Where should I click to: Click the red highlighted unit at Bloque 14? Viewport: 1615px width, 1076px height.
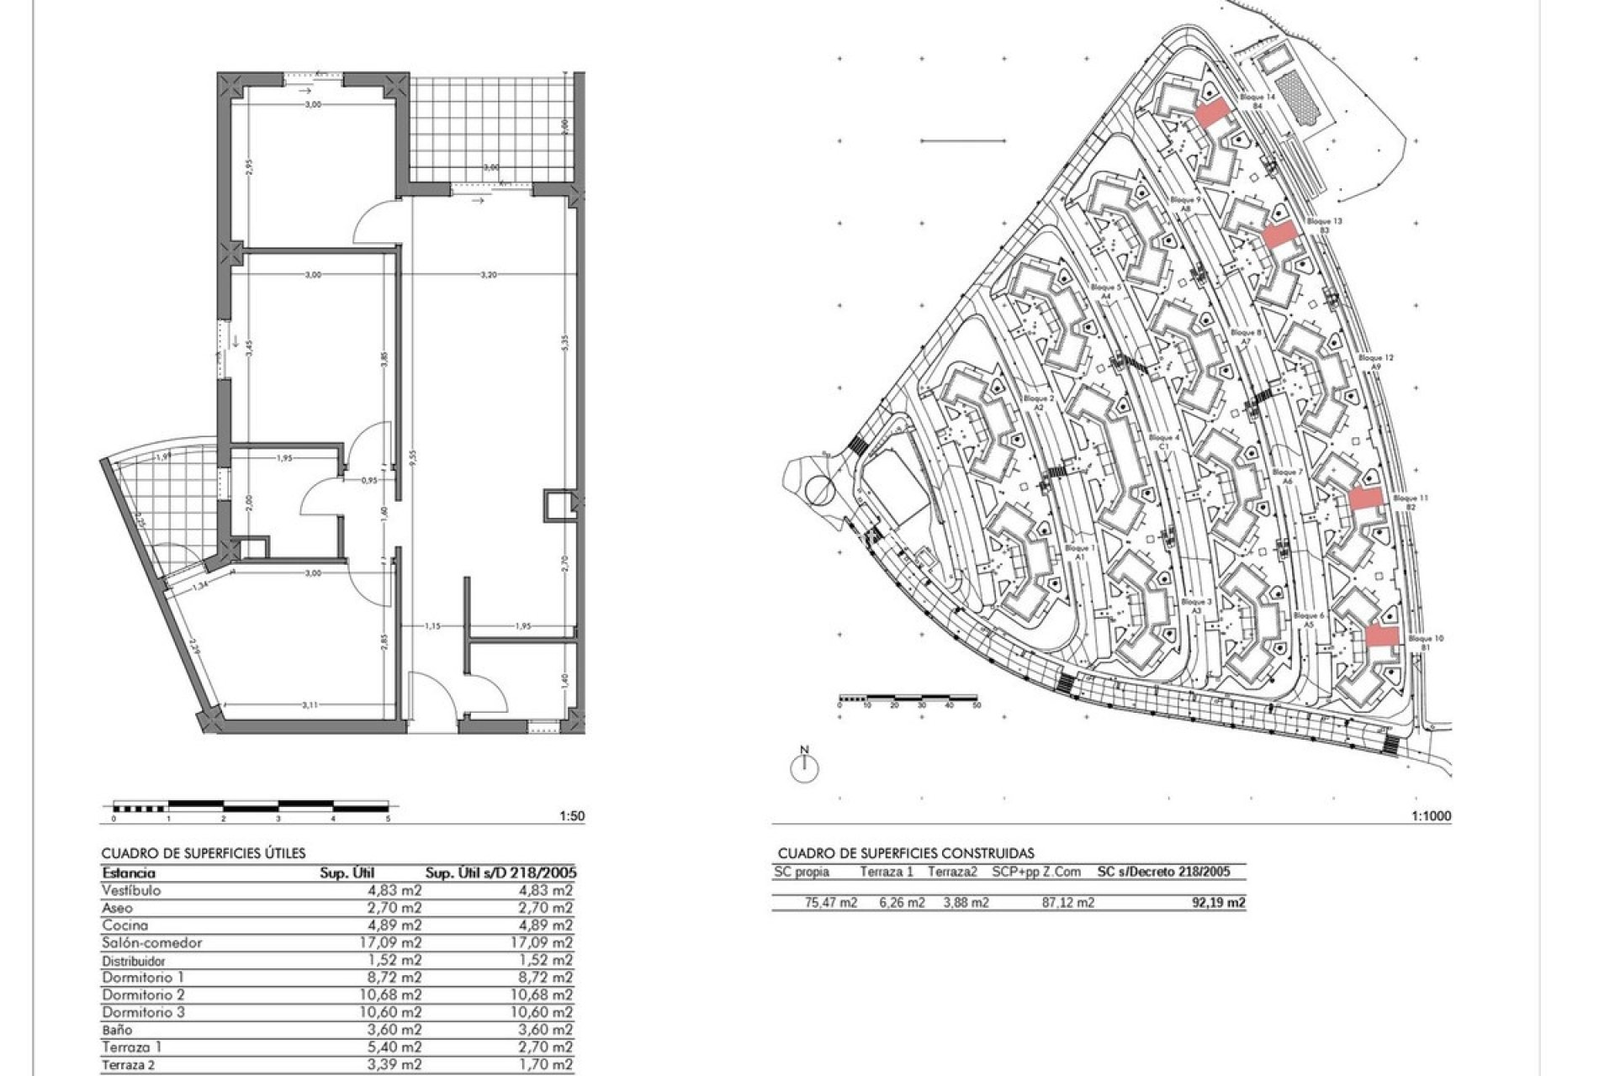[x=1211, y=113]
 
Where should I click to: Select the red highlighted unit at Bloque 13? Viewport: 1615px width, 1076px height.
[x=1278, y=235]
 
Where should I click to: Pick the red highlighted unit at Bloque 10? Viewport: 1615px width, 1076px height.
[x=1381, y=636]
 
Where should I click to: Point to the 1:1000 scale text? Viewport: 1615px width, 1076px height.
[x=1431, y=815]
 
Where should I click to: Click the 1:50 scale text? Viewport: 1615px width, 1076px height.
[x=571, y=815]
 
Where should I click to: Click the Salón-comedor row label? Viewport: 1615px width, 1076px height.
[x=151, y=942]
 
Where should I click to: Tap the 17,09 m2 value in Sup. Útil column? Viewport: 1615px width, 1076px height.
[x=390, y=942]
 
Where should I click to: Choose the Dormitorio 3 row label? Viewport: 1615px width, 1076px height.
[x=143, y=1012]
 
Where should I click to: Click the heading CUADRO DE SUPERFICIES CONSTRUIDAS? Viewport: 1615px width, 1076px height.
[x=905, y=853]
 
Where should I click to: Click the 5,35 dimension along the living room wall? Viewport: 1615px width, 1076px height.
[x=566, y=344]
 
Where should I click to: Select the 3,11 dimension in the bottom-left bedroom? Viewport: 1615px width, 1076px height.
[x=310, y=705]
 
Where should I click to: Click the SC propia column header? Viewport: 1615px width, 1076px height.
[x=801, y=872]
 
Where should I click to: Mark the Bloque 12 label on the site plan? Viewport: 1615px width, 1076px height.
[x=1376, y=358]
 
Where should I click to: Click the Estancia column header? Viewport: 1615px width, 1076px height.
[x=129, y=873]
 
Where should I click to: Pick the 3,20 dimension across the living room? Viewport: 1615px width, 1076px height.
[x=488, y=275]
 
